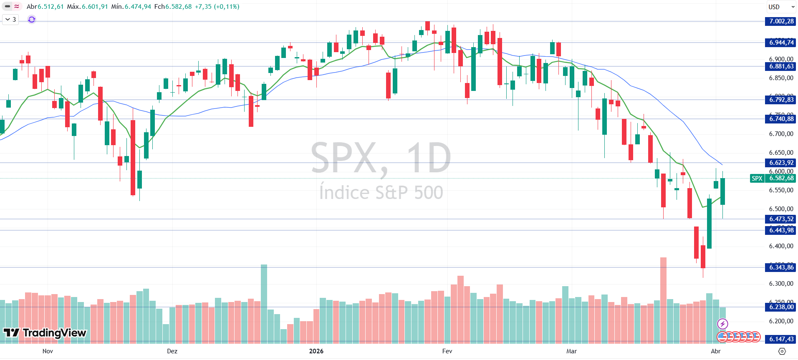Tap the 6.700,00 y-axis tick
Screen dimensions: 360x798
(781, 134)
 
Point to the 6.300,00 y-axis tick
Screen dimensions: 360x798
(781, 284)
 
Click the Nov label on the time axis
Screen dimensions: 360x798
(48, 351)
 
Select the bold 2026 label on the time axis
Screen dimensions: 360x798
(316, 351)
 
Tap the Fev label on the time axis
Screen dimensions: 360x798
(447, 351)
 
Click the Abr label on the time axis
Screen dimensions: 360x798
(715, 351)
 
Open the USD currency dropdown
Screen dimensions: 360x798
(781, 7)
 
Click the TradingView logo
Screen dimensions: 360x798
(45, 332)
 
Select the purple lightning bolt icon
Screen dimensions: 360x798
(722, 324)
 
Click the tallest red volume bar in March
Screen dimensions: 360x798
(663, 300)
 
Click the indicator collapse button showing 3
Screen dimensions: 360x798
(10, 20)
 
